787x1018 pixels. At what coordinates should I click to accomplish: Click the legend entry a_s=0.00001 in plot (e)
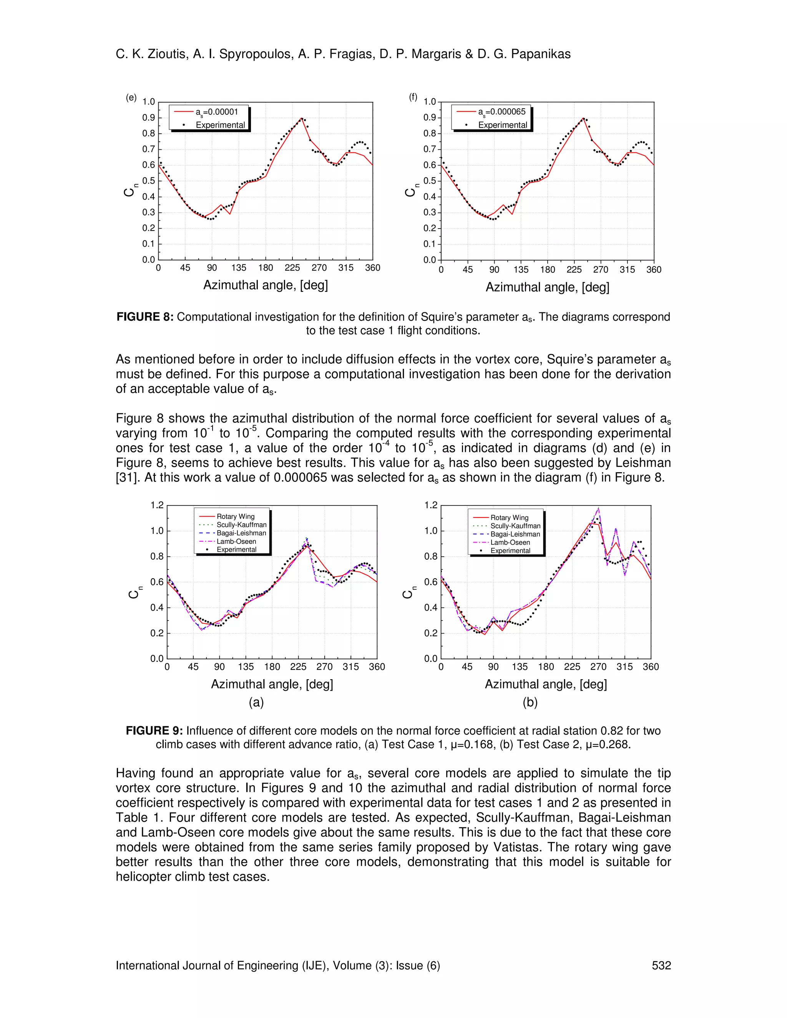click(216, 112)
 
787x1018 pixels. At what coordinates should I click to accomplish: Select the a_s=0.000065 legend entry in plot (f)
click(501, 112)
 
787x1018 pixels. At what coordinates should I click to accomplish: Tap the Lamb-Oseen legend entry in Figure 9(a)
click(236, 541)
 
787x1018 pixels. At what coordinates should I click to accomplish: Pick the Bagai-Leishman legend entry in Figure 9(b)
click(515, 534)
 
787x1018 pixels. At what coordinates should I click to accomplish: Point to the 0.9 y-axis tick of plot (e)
click(149, 118)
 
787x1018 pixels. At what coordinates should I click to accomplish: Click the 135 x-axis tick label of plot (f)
click(521, 269)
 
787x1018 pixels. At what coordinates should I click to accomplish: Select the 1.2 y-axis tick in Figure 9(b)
click(431, 505)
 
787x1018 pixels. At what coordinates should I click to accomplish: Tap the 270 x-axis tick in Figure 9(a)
click(324, 667)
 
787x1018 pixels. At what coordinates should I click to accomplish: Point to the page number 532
click(661, 965)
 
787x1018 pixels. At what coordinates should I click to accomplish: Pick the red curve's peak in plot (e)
click(302, 118)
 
